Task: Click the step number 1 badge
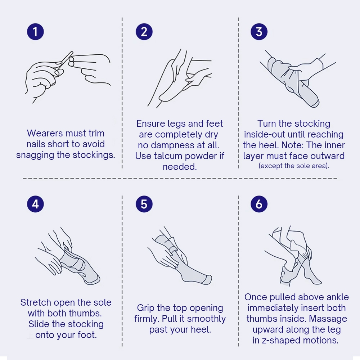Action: [35, 32]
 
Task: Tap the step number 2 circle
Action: [144, 32]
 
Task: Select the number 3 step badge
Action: [259, 32]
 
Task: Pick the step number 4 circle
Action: [35, 204]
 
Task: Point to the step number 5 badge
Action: [144, 204]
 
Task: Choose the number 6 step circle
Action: [259, 204]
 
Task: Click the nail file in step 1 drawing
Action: [64, 61]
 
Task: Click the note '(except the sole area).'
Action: [294, 166]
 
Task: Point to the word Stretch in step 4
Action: [36, 302]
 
